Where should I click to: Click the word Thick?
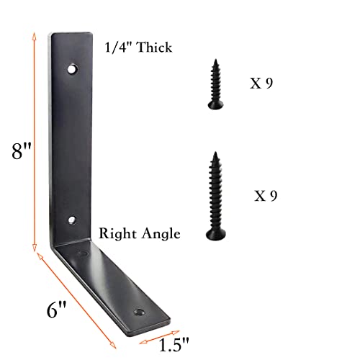(150, 48)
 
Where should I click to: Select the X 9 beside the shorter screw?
(261, 83)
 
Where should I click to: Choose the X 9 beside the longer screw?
(265, 195)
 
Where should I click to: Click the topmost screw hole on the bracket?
(73, 70)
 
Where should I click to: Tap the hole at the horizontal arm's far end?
(138, 313)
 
